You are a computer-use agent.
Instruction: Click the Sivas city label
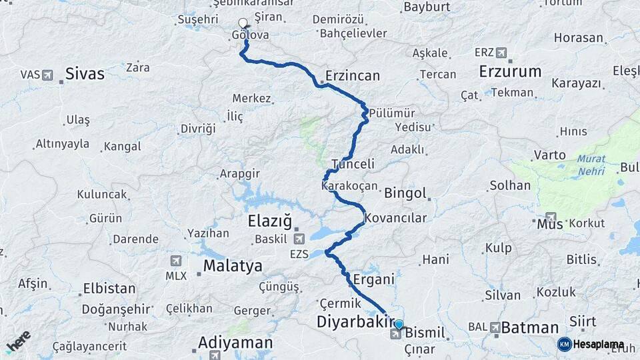[85, 73]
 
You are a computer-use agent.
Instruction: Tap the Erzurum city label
[510, 72]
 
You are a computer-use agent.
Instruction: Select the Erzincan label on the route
[353, 75]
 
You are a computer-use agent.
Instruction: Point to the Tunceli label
[353, 164]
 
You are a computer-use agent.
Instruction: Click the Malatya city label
[233, 266]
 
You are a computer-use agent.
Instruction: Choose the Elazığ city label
[270, 221]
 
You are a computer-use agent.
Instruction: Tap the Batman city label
[529, 327]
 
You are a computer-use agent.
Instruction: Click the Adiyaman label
[235, 343]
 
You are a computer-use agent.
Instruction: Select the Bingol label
[405, 193]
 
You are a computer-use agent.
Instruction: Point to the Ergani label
[374, 279]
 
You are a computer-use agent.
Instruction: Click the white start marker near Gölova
[243, 23]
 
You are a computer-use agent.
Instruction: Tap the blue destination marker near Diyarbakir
[399, 325]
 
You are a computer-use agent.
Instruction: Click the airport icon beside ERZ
[501, 53]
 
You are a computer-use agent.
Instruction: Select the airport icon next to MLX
[176, 261]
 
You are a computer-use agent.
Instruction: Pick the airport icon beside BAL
[495, 327]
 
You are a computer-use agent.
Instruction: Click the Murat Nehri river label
[591, 165]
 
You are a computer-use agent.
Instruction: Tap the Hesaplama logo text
[598, 345]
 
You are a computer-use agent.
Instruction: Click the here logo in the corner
[18, 341]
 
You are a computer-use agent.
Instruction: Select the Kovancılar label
[395, 217]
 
